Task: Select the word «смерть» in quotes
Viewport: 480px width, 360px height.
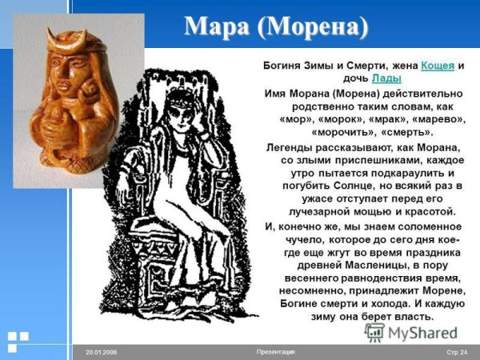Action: pos(410,131)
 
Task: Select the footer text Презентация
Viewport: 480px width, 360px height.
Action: pos(276,352)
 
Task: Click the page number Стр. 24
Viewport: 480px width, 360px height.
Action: pos(457,352)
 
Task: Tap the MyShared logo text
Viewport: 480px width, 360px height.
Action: pos(421,333)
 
